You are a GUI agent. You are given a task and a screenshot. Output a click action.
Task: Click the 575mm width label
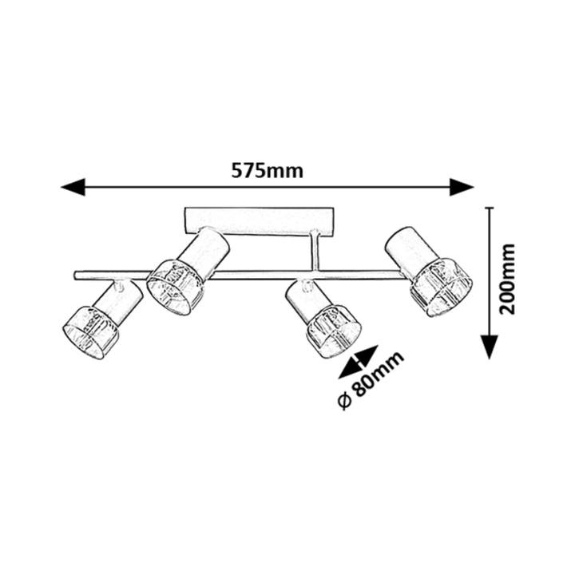click(x=268, y=171)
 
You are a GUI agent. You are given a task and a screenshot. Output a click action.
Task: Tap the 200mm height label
click(x=508, y=279)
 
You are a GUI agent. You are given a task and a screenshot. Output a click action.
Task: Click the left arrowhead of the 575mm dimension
click(x=73, y=187)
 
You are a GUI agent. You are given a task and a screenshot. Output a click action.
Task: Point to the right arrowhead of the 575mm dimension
click(x=462, y=187)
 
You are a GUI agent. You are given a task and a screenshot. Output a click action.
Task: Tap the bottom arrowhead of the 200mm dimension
click(x=490, y=347)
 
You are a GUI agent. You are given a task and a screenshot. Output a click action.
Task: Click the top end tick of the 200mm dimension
click(x=490, y=208)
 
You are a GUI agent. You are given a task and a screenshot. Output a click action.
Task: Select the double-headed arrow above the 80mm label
click(x=359, y=362)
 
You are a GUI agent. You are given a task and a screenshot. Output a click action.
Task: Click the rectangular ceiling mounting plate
click(x=260, y=220)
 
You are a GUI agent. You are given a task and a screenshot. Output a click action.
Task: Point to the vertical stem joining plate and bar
click(x=315, y=252)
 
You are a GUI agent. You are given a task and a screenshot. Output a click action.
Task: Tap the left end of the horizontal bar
click(x=75, y=276)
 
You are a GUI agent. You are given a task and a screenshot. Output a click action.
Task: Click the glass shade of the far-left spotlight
click(x=91, y=332)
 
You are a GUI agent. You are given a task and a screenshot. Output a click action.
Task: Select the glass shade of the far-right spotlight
click(x=441, y=287)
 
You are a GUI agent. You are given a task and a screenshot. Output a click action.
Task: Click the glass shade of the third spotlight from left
click(x=334, y=331)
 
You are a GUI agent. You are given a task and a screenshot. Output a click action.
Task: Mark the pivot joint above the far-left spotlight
click(x=119, y=284)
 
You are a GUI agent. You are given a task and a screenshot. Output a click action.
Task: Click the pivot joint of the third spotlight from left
click(x=307, y=284)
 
